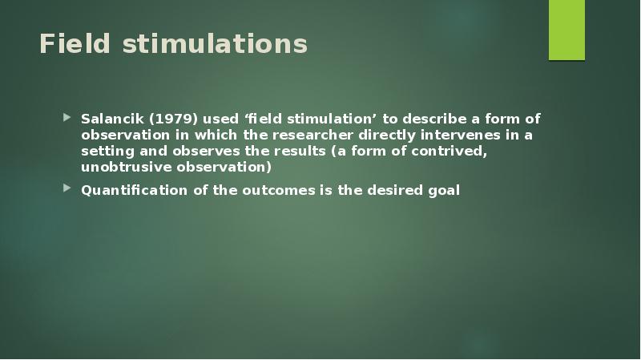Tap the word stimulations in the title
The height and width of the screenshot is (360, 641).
(x=215, y=44)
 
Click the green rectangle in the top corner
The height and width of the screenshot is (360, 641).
(x=566, y=30)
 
